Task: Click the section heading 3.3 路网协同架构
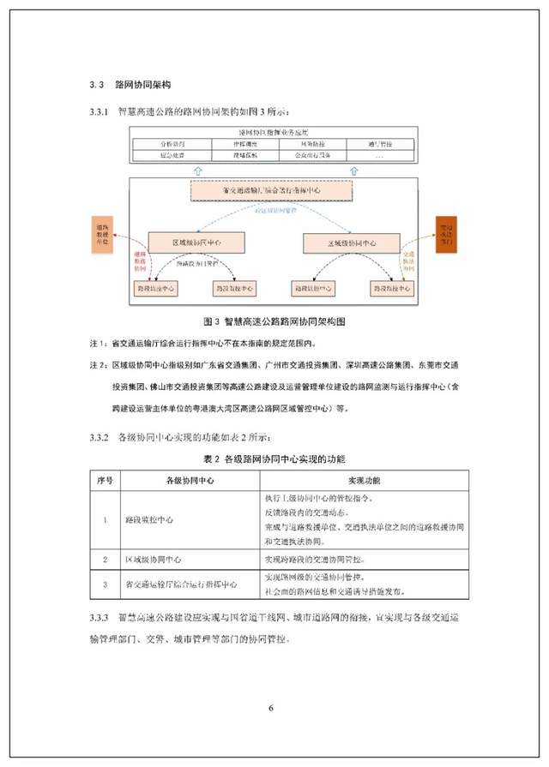pyautogui.click(x=130, y=86)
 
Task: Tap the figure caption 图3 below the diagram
pyautogui.click(x=273, y=321)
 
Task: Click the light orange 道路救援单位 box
pyautogui.click(x=106, y=234)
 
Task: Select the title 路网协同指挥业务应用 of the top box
pyautogui.click(x=274, y=135)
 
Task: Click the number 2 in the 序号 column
pyautogui.click(x=104, y=560)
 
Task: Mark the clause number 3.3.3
pyautogui.click(x=100, y=617)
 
